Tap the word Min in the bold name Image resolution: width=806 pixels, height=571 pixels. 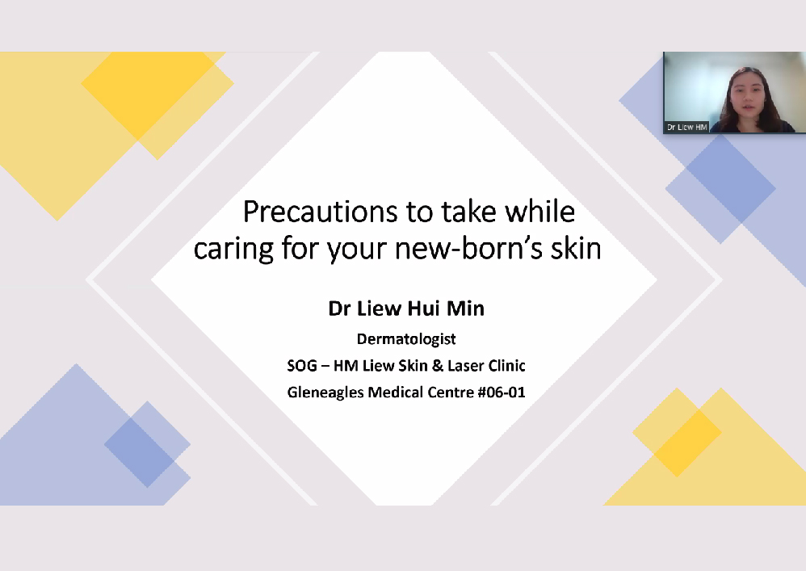point(465,309)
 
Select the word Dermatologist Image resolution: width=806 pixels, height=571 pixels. point(406,339)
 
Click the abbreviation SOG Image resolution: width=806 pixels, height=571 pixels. point(302,366)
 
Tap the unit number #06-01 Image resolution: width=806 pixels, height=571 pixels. point(502,393)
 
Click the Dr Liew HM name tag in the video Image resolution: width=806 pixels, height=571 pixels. point(686,127)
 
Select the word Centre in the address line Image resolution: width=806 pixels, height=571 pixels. point(451,393)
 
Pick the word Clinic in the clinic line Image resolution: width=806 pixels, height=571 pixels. point(506,366)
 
